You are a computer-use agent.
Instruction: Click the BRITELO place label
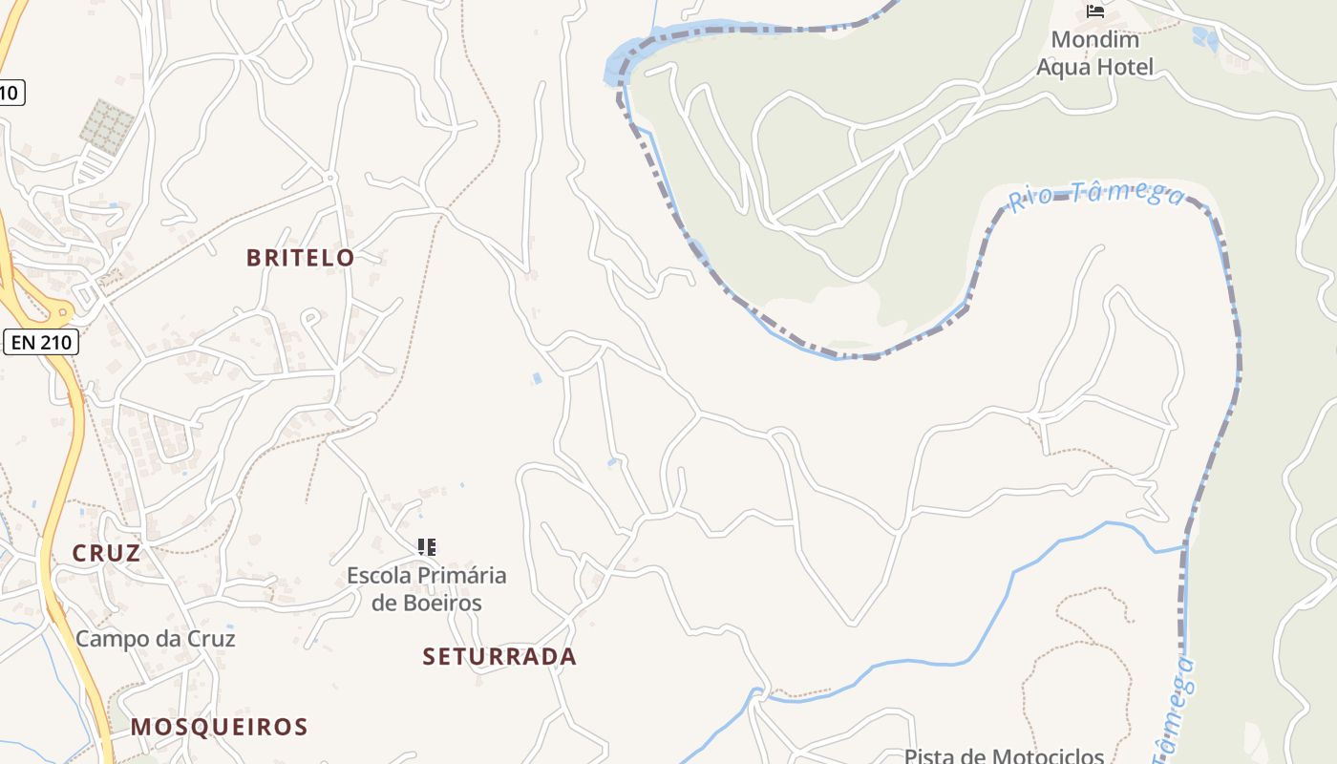pyautogui.click(x=300, y=258)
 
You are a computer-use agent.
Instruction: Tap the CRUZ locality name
pyautogui.click(x=106, y=553)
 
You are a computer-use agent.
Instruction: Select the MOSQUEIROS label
pyautogui.click(x=220, y=727)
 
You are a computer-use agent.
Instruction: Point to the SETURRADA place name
pyautogui.click(x=499, y=657)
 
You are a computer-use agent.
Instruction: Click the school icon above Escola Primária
pyautogui.click(x=427, y=547)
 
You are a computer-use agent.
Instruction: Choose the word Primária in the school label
pyautogui.click(x=462, y=576)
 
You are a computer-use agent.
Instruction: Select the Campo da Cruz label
pyautogui.click(x=155, y=639)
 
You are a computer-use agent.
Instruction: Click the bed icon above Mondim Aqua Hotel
pyautogui.click(x=1095, y=11)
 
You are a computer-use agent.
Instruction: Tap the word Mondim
pyautogui.click(x=1095, y=40)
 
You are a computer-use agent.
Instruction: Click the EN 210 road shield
pyautogui.click(x=40, y=342)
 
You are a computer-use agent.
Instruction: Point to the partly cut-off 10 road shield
pyautogui.click(x=10, y=93)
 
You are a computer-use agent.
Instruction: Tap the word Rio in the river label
pyautogui.click(x=1029, y=200)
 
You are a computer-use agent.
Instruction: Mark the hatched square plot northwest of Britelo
pyautogui.click(x=107, y=126)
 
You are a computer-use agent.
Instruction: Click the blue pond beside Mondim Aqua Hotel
pyautogui.click(x=1206, y=39)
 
